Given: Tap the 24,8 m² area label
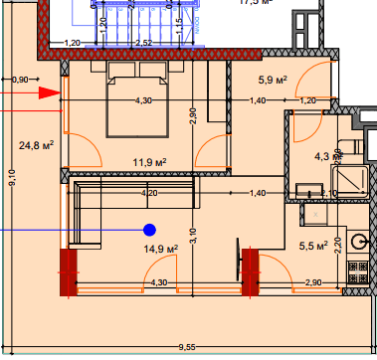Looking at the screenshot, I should point(35,145).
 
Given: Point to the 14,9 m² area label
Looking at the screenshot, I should point(160,249).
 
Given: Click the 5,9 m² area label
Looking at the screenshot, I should point(273,80).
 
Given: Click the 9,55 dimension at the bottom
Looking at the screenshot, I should point(187,347).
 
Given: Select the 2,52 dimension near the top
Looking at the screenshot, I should point(142,43).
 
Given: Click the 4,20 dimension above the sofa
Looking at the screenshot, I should point(150,192).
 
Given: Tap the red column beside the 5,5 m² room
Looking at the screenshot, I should point(250,271).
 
